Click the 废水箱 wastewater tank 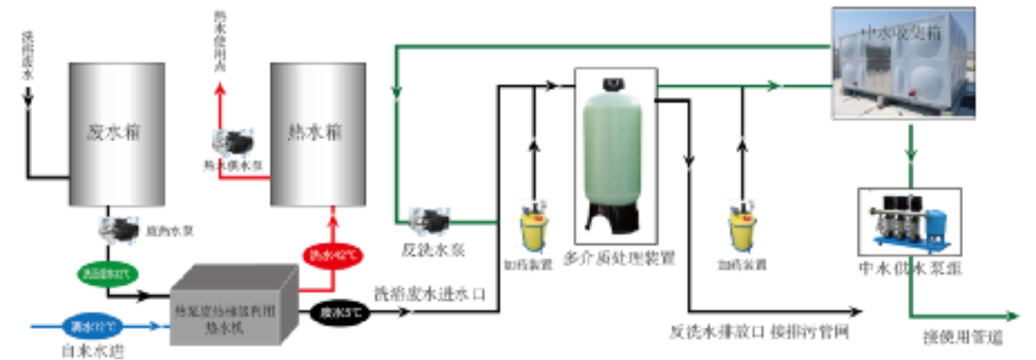[x=116, y=134]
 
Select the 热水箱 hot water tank [x=318, y=134]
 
